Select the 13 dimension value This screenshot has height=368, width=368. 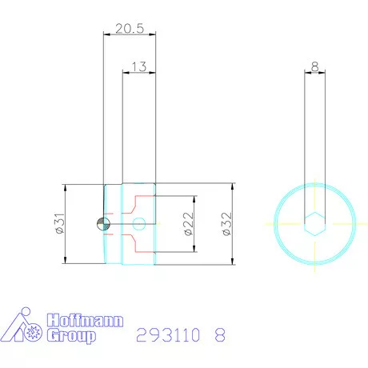coord(138,67)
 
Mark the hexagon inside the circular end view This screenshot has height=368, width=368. coord(314,223)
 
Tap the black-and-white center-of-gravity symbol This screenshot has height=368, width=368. coord(101,223)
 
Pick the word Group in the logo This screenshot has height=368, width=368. coord(71,336)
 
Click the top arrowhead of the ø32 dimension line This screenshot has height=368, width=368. coord(232,187)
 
